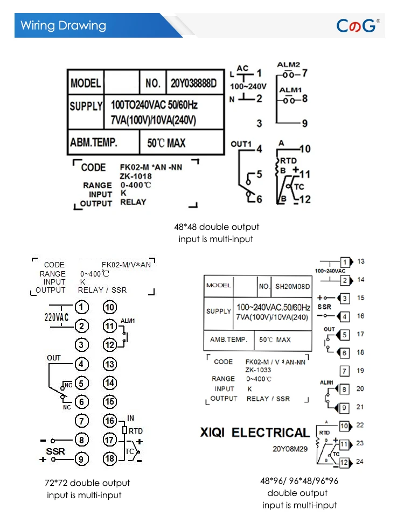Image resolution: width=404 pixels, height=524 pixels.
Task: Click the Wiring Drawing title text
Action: point(63,25)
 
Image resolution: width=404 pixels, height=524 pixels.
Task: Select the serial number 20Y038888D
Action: point(193,83)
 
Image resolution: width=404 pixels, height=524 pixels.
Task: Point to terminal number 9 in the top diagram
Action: point(304,124)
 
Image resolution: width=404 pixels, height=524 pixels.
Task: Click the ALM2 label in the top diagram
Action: point(289,65)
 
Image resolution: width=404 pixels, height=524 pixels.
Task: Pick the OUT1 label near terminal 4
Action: point(241,144)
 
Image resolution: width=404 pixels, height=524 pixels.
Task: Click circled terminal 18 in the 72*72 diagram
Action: point(110,459)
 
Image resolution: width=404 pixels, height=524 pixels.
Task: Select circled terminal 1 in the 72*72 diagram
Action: point(81,307)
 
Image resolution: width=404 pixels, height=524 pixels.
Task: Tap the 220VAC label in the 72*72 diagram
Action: point(57,317)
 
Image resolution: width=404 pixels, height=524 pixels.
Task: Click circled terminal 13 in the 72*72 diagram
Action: point(110,364)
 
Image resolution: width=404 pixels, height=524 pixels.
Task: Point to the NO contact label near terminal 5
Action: point(68,385)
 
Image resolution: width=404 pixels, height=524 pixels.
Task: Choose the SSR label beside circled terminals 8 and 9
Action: point(55,451)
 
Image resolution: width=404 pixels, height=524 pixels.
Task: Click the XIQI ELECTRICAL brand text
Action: point(255,433)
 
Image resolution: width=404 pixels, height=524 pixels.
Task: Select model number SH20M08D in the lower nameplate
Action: point(292,286)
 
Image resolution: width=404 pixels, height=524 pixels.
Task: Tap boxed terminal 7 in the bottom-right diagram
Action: point(345,371)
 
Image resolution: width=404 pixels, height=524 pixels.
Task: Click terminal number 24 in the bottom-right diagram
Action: point(360,461)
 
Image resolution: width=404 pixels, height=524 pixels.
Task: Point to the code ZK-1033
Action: point(259,370)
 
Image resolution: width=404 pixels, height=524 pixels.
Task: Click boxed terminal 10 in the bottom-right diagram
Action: point(345,426)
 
